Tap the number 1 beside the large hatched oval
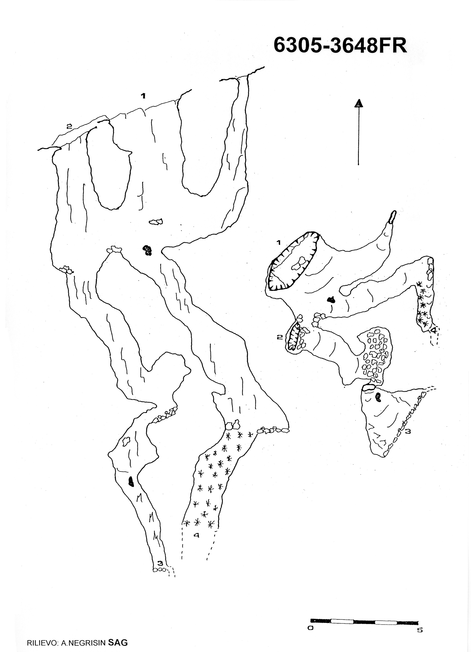(x=279, y=242)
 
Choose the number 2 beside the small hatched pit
(x=279, y=337)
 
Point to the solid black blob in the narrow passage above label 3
(x=131, y=481)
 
